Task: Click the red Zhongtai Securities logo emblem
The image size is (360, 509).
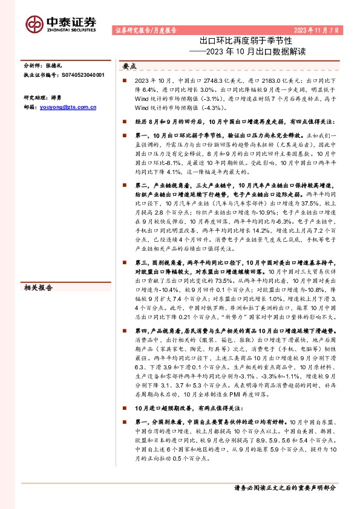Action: [x=34, y=23]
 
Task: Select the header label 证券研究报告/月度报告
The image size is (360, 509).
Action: [x=145, y=30]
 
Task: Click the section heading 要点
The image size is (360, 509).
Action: [x=130, y=66]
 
